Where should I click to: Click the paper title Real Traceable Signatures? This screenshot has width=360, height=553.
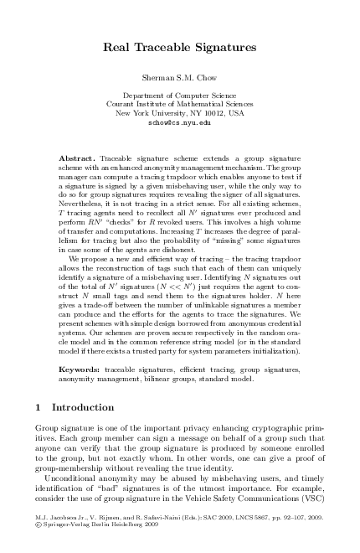tap(180, 50)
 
